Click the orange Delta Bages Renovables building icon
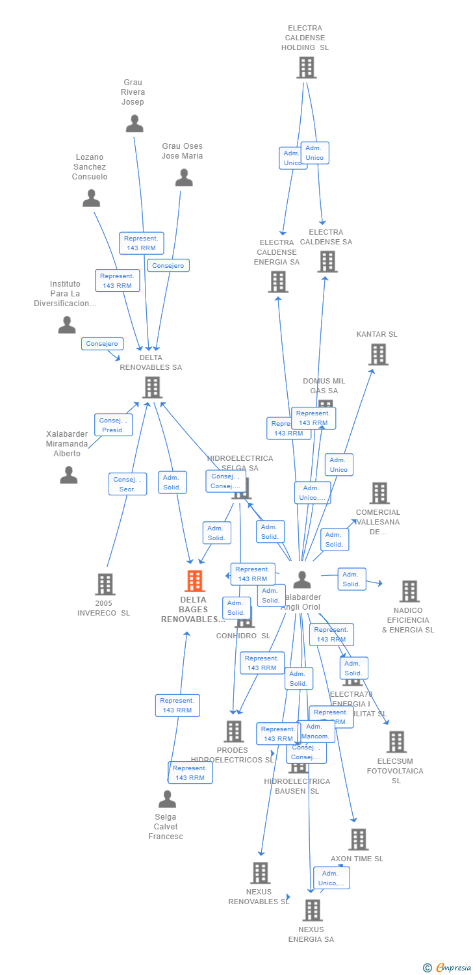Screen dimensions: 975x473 click(194, 580)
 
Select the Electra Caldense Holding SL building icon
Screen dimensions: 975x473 click(306, 68)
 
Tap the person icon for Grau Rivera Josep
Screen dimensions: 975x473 click(134, 123)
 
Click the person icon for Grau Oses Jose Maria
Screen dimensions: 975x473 click(184, 177)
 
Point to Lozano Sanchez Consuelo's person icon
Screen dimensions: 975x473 click(92, 198)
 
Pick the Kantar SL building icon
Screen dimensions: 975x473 click(378, 354)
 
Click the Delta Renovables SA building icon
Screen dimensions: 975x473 click(152, 387)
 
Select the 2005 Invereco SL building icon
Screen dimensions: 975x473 click(105, 584)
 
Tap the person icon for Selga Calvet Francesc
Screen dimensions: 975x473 click(167, 799)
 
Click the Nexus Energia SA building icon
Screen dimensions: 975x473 click(313, 910)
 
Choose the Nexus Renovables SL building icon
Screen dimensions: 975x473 click(260, 872)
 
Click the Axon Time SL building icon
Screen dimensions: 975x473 click(358, 839)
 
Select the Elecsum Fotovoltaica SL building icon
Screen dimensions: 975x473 click(396, 742)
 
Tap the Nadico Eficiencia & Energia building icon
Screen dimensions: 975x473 click(409, 591)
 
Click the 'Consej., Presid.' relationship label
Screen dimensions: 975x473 click(113, 425)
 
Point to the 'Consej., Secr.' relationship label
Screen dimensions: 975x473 click(127, 484)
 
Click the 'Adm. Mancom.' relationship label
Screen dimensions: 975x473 click(316, 731)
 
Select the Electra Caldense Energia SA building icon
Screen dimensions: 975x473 click(278, 281)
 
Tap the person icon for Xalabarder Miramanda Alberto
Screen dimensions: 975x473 click(69, 475)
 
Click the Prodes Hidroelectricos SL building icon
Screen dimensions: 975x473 click(233, 731)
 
